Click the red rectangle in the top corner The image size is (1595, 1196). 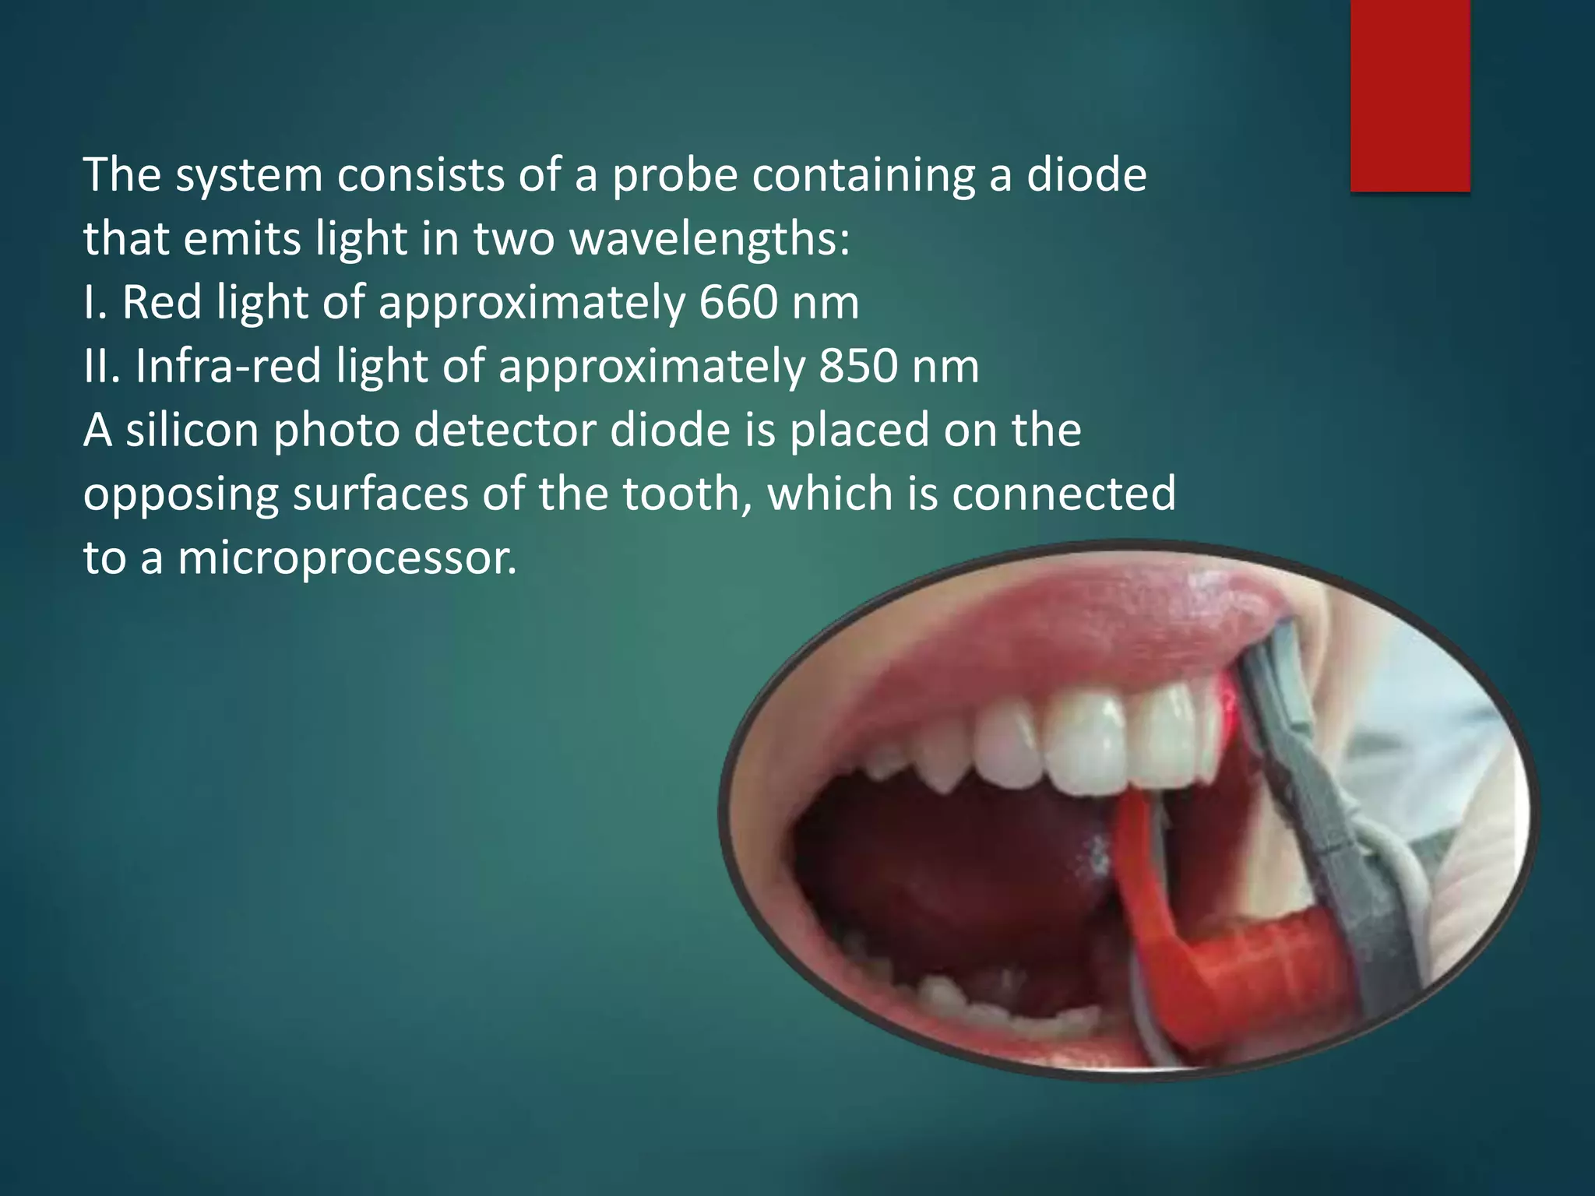(x=1410, y=95)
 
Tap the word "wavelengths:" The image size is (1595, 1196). (x=709, y=240)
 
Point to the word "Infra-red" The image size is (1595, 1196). (x=228, y=366)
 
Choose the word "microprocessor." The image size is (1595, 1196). (x=347, y=559)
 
